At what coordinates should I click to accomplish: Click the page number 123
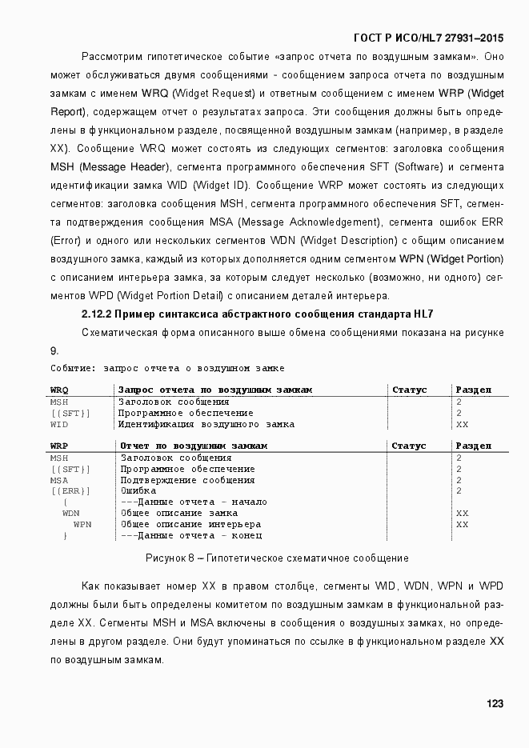[x=494, y=703]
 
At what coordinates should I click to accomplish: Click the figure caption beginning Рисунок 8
[x=277, y=558]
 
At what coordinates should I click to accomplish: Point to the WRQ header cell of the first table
[x=59, y=390]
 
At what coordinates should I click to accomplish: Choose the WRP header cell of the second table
[x=59, y=446]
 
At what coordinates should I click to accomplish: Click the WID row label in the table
[x=59, y=424]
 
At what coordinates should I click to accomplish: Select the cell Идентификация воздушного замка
[x=206, y=424]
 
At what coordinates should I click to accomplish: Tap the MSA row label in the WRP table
[x=59, y=480]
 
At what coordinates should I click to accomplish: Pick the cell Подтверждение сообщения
[x=187, y=480]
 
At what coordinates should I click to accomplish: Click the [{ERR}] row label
[x=70, y=490]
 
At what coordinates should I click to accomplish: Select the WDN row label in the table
[x=71, y=513]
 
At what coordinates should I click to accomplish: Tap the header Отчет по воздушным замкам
[x=193, y=446]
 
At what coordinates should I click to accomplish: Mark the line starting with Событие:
[x=167, y=368]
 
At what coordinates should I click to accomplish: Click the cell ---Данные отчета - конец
[x=191, y=535]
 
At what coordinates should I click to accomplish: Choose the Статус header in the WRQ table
[x=409, y=390]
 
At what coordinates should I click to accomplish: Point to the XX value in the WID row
[x=462, y=424]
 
